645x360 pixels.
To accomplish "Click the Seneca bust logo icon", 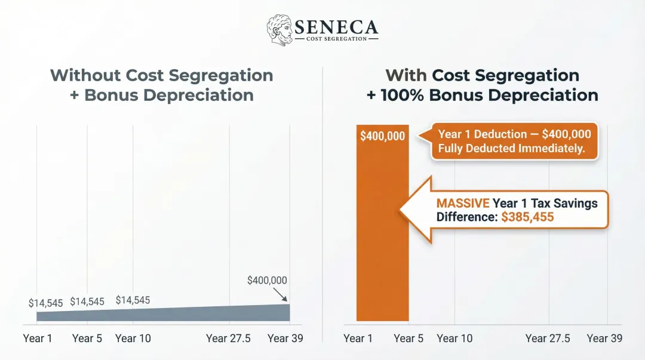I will click(279, 29).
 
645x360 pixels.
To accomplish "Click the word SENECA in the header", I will click(336, 27).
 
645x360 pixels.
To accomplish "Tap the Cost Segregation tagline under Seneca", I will click(336, 39).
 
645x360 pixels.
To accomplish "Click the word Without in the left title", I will click(85, 76).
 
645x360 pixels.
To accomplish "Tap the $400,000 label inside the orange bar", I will click(382, 136).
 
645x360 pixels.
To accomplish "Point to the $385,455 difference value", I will click(527, 217).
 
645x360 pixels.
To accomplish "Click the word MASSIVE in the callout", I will click(463, 203).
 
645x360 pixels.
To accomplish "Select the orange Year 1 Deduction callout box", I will click(514, 141).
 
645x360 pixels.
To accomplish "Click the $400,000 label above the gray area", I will click(267, 281).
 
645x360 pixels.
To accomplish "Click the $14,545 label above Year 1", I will click(46, 303).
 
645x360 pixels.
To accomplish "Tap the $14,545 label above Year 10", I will click(133, 300).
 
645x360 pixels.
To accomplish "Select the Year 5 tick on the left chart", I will click(87, 339).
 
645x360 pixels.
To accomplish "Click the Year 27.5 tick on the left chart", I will click(229, 339).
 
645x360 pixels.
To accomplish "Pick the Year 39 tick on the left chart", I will click(285, 339).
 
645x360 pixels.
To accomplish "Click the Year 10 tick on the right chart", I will click(454, 339).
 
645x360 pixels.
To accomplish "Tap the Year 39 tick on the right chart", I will click(604, 339).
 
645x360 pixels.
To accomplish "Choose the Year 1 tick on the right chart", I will click(358, 339).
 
